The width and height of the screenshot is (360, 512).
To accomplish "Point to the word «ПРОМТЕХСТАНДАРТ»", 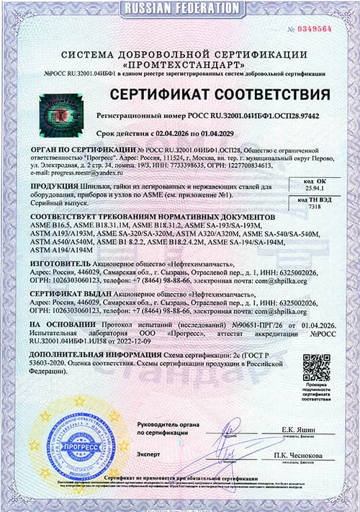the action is [x=179, y=63].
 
